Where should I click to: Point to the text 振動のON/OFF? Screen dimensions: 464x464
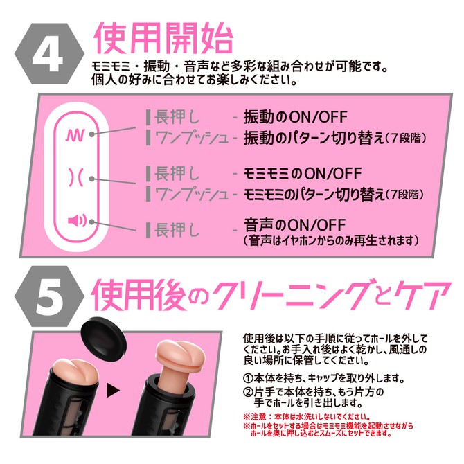[294, 116]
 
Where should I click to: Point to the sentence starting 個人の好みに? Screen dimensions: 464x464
[195, 80]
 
